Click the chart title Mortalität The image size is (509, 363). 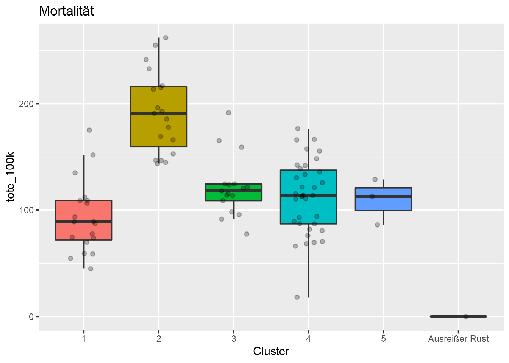coord(66,11)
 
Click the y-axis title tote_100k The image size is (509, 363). coord(11,177)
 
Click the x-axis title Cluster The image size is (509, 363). coord(271,351)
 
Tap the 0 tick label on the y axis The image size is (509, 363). coord(31,317)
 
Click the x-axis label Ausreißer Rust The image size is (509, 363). coord(458,339)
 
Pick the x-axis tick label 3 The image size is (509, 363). coord(234,339)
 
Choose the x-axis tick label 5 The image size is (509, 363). coord(383,339)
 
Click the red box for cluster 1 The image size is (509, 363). coord(84,231)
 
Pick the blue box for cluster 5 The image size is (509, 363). coord(383,203)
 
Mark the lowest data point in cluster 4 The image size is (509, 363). coord(297,297)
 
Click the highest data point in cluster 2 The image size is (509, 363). coord(166,38)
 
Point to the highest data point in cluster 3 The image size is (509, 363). coord(228,113)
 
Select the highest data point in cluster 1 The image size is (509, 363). coord(89,130)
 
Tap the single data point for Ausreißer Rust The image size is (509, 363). coord(466,316)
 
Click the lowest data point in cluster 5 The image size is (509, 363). coord(377,225)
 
